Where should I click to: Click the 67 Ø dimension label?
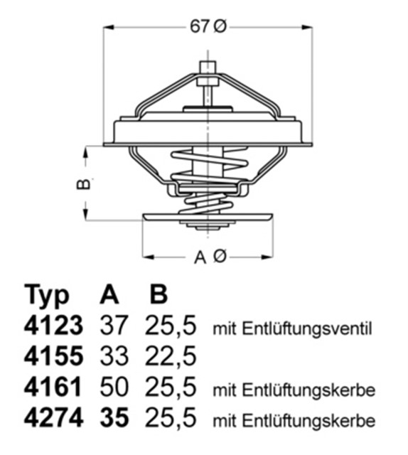(208, 26)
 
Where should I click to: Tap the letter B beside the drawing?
(83, 184)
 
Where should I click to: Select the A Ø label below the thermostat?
(209, 257)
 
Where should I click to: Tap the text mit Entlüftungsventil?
(292, 328)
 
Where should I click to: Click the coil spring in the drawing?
(208, 185)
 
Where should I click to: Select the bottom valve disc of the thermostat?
(208, 218)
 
